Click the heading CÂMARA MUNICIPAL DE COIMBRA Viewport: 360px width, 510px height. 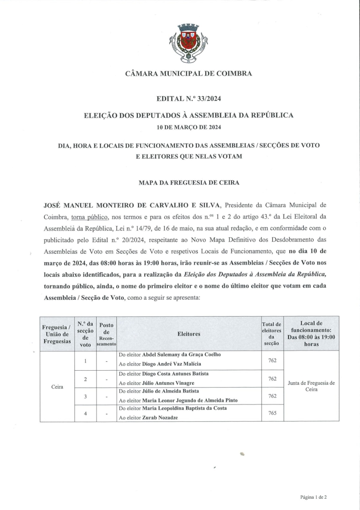(x=188, y=74)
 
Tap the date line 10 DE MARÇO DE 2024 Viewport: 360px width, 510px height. (x=188, y=127)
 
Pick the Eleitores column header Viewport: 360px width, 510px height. (x=188, y=334)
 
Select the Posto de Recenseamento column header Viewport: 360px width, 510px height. (x=106, y=334)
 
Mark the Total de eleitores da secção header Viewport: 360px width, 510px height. (x=272, y=334)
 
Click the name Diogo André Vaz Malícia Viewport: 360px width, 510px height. (x=172, y=364)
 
